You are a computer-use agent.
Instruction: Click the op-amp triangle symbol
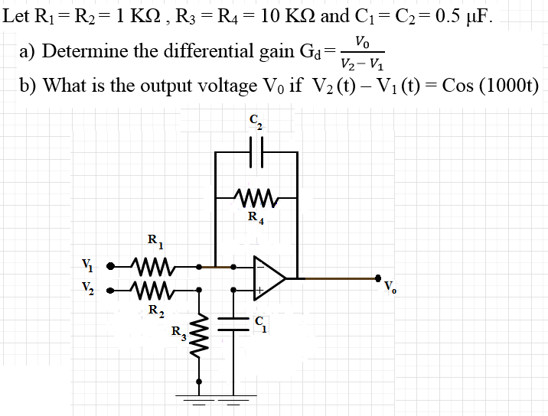click(x=269, y=278)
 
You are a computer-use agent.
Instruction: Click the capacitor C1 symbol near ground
click(x=230, y=321)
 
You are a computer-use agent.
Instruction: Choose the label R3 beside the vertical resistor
click(x=178, y=333)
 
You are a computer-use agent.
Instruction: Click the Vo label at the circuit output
click(x=391, y=289)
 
